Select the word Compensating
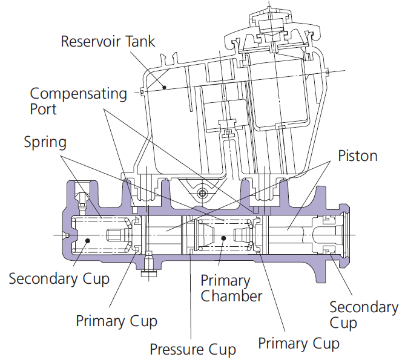pos(79,94)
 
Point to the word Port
pos(43,110)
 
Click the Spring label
pos(45,143)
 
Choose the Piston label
pos(358,156)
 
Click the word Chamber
pos(231,296)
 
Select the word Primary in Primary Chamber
pos(225,281)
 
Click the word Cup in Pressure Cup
pos(222,350)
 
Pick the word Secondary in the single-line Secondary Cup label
pos(43,279)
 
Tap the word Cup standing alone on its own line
pos(343,323)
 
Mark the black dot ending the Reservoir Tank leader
pos(164,87)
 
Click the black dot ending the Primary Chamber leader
pos(223,238)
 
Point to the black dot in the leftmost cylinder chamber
pos(87,241)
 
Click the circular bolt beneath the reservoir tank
pos(202,193)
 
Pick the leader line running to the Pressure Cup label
pos(190,294)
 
